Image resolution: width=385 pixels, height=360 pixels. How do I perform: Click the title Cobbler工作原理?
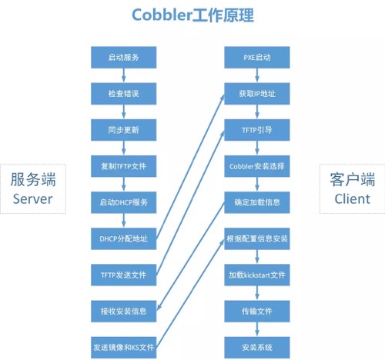(192, 16)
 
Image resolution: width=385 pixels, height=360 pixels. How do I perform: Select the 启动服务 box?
(123, 57)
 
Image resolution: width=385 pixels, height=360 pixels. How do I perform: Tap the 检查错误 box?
(123, 93)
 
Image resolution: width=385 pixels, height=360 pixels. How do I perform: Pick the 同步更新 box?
(123, 129)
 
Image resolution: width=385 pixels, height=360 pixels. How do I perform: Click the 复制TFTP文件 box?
(123, 165)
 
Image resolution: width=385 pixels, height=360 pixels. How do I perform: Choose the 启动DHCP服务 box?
(123, 202)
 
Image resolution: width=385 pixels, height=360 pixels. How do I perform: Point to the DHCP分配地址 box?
(123, 238)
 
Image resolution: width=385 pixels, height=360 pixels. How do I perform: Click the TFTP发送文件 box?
(123, 275)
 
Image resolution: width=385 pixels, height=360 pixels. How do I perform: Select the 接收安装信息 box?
(123, 311)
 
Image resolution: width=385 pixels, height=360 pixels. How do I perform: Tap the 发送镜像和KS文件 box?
(123, 347)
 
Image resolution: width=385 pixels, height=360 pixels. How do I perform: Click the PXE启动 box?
(257, 57)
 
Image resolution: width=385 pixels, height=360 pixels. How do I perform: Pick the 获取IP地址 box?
(257, 93)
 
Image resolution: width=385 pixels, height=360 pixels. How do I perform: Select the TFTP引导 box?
(257, 129)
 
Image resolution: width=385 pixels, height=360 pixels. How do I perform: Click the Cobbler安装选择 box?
(257, 165)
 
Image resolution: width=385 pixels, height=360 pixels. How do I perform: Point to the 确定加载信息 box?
(257, 202)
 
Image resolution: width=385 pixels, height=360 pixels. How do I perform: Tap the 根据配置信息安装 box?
(257, 238)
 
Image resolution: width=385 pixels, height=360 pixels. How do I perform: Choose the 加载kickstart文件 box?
(257, 275)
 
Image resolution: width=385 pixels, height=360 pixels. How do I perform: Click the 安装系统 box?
(257, 347)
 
